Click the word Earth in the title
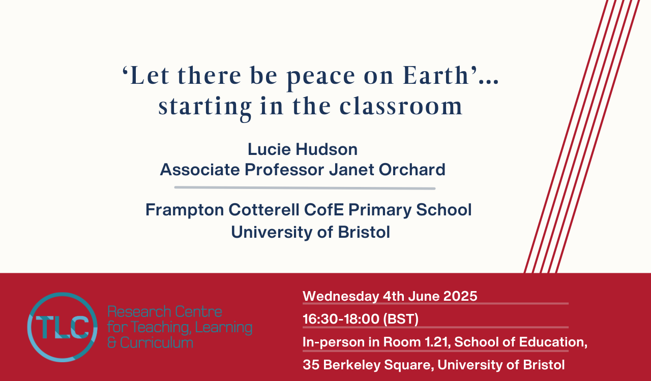(436, 75)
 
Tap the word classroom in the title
(401, 106)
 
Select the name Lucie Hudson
(303, 149)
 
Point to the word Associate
(200, 169)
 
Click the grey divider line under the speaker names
(305, 188)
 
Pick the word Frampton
(185, 210)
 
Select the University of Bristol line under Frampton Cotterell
(310, 232)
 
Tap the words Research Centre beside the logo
(165, 312)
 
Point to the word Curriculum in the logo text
(157, 343)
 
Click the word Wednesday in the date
(341, 296)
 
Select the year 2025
(460, 296)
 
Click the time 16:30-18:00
(341, 319)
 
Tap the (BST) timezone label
(401, 319)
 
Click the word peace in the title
(321, 77)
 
